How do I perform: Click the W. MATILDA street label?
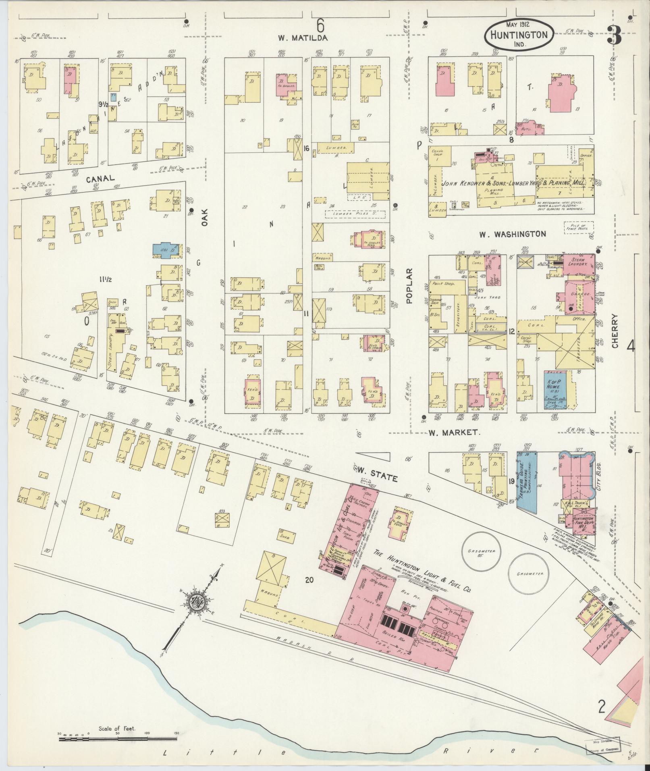coord(303,38)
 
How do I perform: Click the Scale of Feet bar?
coord(118,739)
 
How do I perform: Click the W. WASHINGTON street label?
coord(513,234)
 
